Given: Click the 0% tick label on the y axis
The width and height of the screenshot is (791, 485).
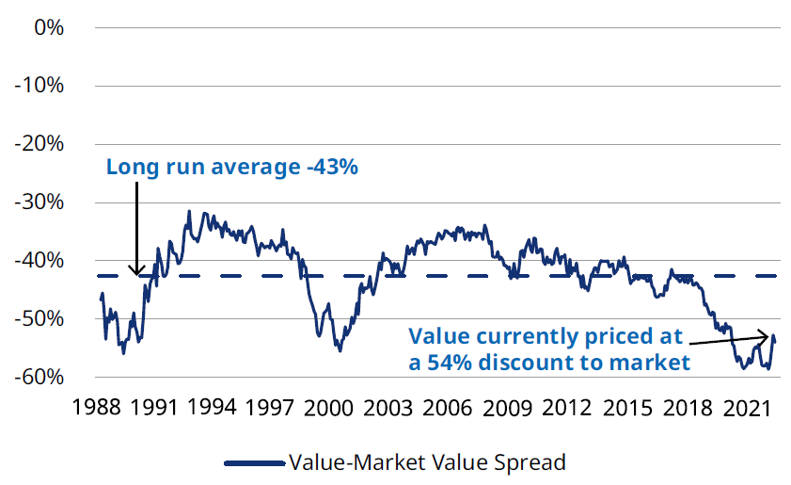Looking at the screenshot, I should [48, 27].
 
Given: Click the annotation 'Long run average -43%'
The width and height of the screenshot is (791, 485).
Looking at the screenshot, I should [232, 168].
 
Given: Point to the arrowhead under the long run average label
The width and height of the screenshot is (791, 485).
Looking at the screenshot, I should [137, 272].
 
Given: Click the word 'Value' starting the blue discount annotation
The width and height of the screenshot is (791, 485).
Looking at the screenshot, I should [438, 337].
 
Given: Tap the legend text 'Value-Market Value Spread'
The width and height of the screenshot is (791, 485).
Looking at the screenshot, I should [428, 462].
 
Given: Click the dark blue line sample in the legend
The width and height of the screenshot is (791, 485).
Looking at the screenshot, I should [254, 463].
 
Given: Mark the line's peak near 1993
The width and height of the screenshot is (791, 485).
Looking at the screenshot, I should [189, 211].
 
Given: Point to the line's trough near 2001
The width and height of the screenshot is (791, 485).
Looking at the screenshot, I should [340, 350].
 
